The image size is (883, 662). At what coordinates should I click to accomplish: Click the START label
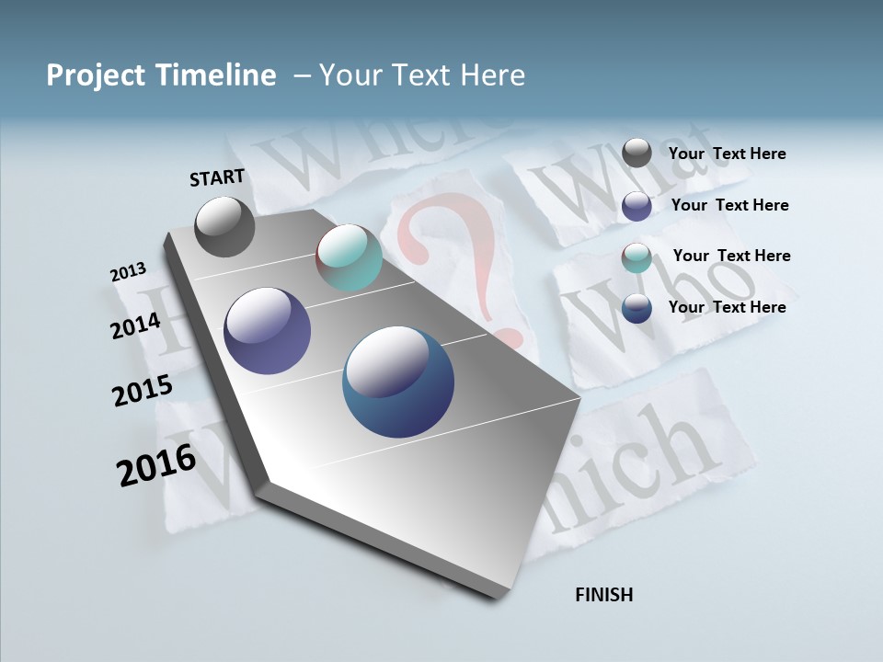click(217, 177)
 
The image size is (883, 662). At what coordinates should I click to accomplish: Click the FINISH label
click(603, 595)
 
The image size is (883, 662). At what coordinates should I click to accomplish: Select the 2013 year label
click(128, 272)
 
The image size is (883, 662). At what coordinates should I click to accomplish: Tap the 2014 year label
click(135, 325)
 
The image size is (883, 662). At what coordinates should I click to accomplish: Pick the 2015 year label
click(142, 392)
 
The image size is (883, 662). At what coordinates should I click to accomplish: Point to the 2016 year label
click(155, 465)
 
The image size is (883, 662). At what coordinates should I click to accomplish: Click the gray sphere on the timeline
click(224, 226)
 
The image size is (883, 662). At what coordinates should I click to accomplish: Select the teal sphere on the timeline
click(349, 257)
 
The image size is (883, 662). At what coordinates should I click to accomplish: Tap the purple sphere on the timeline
click(267, 331)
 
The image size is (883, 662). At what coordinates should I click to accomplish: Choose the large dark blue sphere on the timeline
click(398, 382)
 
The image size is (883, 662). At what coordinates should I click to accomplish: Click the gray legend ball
click(636, 154)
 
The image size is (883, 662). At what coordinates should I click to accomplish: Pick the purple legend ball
click(636, 206)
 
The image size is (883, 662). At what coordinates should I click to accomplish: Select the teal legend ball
click(636, 257)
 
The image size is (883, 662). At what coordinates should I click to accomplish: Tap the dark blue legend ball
click(636, 308)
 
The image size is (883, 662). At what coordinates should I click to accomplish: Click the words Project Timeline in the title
click(161, 75)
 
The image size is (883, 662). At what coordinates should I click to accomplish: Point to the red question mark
click(451, 257)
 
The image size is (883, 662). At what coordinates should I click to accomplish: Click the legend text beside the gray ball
click(727, 154)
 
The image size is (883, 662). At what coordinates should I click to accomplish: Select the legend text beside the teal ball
click(731, 256)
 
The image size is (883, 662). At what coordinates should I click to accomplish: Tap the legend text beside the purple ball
click(729, 205)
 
